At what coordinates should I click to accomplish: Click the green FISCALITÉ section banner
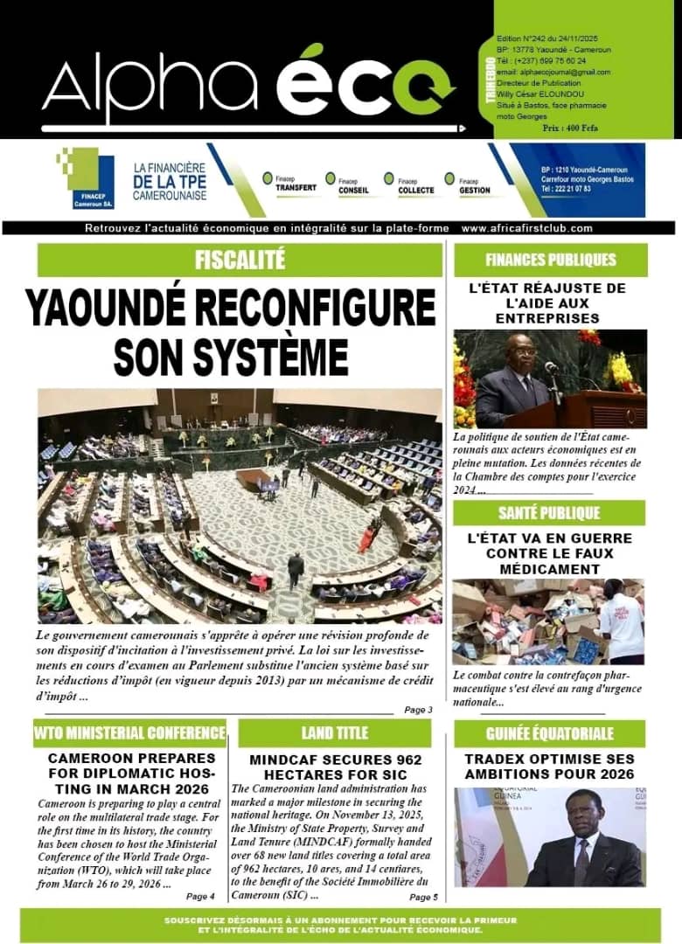tap(240, 260)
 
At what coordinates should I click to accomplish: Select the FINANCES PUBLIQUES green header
tap(551, 260)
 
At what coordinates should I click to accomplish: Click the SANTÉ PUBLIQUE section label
tap(549, 512)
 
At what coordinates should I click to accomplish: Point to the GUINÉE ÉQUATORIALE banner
tap(549, 733)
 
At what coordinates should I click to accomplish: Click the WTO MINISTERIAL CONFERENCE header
tap(129, 732)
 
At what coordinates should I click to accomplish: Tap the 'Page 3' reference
tap(418, 710)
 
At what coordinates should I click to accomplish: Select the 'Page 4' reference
tap(200, 896)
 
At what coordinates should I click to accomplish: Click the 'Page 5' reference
tap(423, 897)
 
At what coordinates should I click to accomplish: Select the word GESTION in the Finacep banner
tap(474, 190)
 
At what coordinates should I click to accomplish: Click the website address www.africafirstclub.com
tap(527, 228)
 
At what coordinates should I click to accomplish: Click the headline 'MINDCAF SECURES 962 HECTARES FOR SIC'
tap(336, 767)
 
